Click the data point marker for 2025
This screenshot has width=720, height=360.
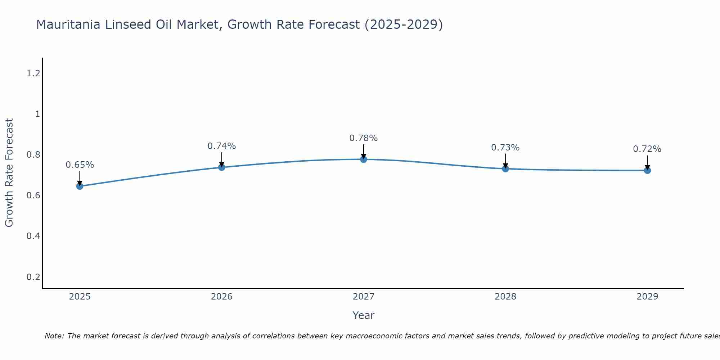point(80,186)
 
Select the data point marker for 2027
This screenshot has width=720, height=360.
point(364,159)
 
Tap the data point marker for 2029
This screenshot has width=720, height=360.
point(647,170)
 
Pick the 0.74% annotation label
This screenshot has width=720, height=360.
point(221,146)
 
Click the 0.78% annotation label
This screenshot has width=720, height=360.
point(364,138)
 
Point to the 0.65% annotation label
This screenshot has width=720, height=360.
point(80,165)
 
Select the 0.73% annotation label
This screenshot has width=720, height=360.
point(505,148)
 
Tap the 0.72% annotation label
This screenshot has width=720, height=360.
point(647,149)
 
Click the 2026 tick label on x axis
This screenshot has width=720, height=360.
point(221,297)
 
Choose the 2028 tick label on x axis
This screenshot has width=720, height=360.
point(505,297)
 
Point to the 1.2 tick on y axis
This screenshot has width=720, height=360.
point(33,73)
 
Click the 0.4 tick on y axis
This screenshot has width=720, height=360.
point(33,236)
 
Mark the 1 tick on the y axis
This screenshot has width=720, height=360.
point(37,114)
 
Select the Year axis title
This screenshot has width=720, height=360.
point(364,315)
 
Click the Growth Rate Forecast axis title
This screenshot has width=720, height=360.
point(9,173)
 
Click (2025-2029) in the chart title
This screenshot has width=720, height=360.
point(404,24)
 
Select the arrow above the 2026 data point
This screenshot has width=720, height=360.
point(221,159)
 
